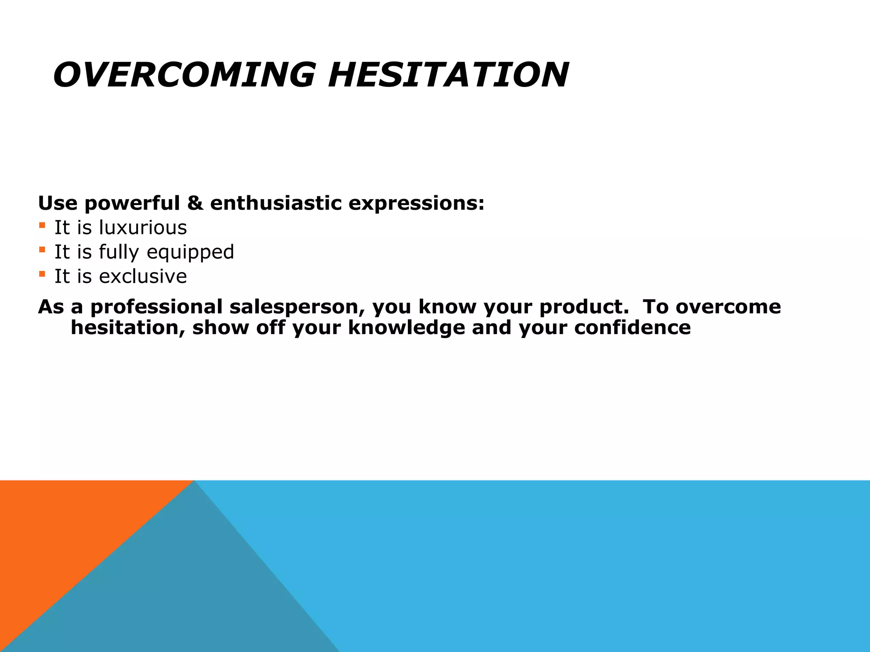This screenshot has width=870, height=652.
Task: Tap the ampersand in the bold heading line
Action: (x=195, y=203)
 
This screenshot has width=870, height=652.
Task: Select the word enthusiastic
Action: (x=276, y=203)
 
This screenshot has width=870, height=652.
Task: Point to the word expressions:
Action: (x=416, y=204)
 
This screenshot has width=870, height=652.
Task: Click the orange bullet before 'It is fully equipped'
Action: (x=42, y=250)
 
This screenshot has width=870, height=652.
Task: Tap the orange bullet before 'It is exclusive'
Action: (x=42, y=274)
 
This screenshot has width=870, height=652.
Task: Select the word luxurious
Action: (x=143, y=228)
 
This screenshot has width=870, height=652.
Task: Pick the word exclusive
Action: (x=143, y=276)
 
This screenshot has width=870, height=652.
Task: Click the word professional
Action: (x=156, y=307)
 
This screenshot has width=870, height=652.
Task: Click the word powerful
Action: (x=132, y=204)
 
